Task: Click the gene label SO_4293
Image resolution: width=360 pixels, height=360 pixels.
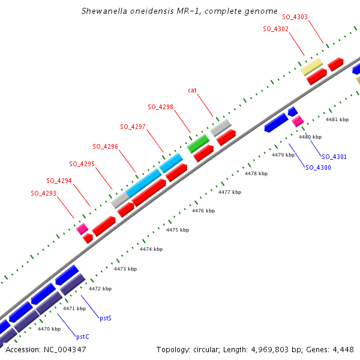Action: [44, 193]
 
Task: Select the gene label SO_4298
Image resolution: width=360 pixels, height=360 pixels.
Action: [160, 107]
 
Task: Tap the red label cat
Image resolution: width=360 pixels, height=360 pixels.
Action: [192, 90]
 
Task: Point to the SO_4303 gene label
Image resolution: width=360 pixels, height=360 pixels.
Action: [295, 17]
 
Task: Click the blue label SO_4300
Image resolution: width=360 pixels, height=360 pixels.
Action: [318, 167]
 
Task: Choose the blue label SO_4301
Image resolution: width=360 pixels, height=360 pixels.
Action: [334, 157]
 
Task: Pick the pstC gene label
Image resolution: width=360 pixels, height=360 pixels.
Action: [83, 337]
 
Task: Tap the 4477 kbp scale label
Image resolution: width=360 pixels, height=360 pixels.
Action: [229, 192]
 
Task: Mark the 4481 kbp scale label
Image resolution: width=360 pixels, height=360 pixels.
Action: [337, 119]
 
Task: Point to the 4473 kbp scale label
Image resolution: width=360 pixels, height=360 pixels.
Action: [124, 269]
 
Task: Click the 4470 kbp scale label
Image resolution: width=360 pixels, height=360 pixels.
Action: [49, 329]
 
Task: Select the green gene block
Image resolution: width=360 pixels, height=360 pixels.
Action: [198, 143]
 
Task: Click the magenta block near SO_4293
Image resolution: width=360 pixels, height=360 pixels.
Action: [82, 229]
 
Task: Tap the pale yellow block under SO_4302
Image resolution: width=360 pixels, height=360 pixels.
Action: [312, 67]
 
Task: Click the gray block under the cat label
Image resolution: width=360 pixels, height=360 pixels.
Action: [221, 127]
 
